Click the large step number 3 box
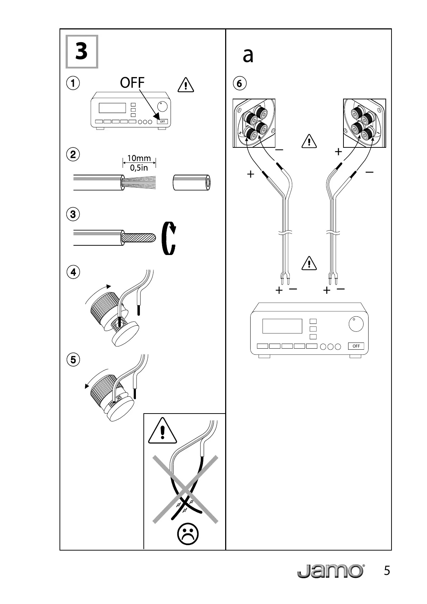[x=82, y=52]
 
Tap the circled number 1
[x=73, y=83]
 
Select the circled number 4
[x=73, y=272]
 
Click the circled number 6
[x=239, y=84]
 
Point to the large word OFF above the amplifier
[x=132, y=83]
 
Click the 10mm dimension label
[x=139, y=158]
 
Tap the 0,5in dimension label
[x=139, y=167]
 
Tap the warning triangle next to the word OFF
[x=186, y=85]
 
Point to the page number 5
[x=386, y=571]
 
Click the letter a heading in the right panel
[x=248, y=56]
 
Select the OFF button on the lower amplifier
[x=356, y=346]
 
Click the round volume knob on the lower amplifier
[x=356, y=324]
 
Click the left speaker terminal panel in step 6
[x=254, y=123]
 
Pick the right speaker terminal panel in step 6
[x=364, y=123]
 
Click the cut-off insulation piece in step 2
[x=191, y=183]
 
